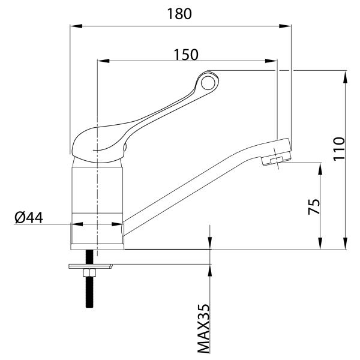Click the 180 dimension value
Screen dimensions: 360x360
[179, 14]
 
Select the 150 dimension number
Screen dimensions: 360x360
[186, 55]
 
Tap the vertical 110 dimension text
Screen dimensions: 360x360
[339, 149]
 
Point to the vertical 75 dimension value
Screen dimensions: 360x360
[314, 206]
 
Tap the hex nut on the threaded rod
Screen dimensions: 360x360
[89, 273]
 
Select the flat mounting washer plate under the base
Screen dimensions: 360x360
[91, 266]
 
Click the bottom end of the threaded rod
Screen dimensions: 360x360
[89, 307]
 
